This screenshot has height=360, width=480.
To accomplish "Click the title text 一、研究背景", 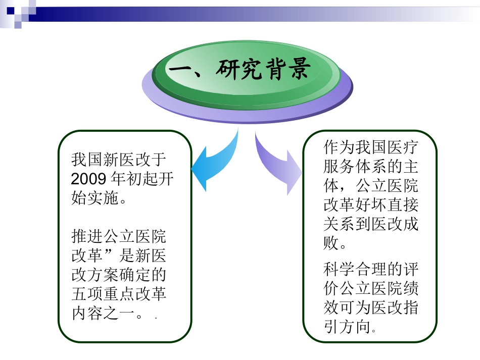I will coord(237,70).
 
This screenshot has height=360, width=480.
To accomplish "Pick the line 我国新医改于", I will coord(119,161).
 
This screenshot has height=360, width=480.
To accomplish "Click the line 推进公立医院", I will coord(119,236).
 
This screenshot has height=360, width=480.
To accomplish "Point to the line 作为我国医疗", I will coord(371,148).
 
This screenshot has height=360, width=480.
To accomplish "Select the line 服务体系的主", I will coord(371,167).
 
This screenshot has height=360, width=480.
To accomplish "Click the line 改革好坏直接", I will coord(371,205).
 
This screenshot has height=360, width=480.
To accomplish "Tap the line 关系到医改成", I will coord(371,224).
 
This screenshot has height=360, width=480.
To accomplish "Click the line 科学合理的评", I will coord(371,269).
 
